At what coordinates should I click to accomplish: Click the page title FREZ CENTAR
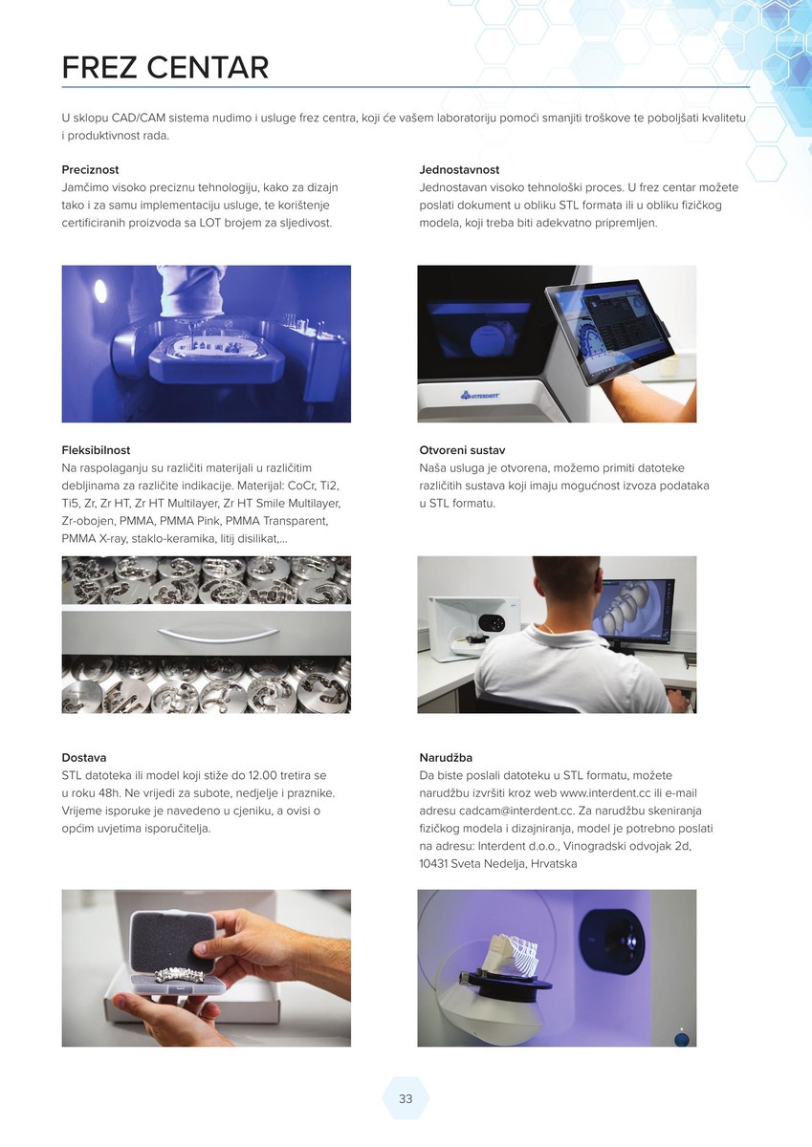click(x=165, y=68)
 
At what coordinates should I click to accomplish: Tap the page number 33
click(x=406, y=1098)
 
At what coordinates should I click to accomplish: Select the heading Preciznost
click(x=90, y=169)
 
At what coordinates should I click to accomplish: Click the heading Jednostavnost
click(x=459, y=169)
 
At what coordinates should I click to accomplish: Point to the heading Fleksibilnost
click(x=96, y=450)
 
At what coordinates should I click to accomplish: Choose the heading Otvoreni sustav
click(x=462, y=450)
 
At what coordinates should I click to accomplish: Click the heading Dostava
click(x=84, y=757)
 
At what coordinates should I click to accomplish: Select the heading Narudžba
click(x=446, y=757)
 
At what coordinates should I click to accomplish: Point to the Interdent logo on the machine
click(x=479, y=395)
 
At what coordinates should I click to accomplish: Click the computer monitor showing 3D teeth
click(x=632, y=612)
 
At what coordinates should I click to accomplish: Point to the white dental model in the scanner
click(x=512, y=949)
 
